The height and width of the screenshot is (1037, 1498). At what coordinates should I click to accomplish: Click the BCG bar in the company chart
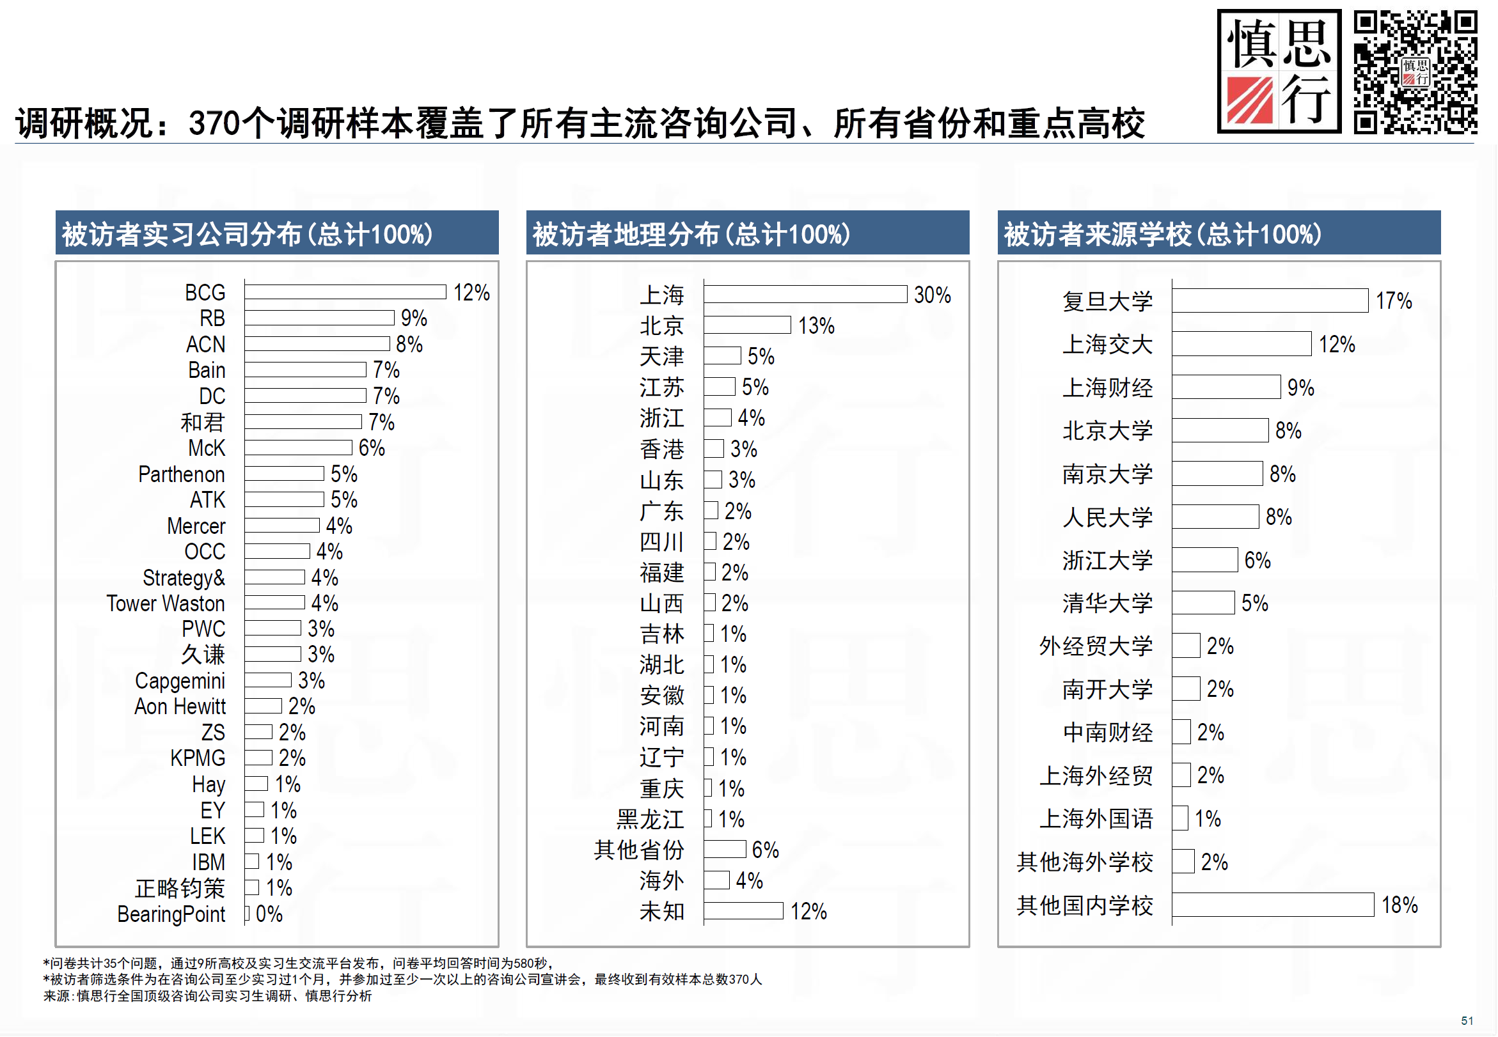[x=345, y=292]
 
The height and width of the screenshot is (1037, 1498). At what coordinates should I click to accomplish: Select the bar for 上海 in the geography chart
[x=805, y=294]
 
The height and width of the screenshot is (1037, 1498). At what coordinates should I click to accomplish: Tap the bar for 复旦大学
[x=1270, y=301]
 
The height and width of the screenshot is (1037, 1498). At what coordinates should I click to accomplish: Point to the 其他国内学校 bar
[x=1272, y=905]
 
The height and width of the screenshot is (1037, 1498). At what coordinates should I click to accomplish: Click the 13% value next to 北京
[x=816, y=325]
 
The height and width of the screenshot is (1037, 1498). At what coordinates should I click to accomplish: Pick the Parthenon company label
[x=181, y=474]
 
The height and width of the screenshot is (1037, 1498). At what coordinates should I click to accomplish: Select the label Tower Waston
[x=166, y=604]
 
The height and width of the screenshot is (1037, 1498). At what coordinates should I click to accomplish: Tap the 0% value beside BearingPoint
[x=269, y=914]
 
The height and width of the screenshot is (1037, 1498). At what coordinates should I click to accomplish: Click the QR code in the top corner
[x=1415, y=72]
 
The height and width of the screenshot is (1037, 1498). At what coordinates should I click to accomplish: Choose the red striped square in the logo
[x=1250, y=101]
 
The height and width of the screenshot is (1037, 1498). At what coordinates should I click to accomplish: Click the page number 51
[x=1467, y=1021]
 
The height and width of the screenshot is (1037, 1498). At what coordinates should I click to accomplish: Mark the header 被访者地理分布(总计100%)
[x=691, y=234]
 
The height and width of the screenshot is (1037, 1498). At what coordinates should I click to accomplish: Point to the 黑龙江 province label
[x=650, y=820]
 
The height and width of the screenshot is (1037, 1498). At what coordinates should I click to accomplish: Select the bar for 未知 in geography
[x=743, y=911]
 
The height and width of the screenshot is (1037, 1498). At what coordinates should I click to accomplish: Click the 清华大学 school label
[x=1107, y=603]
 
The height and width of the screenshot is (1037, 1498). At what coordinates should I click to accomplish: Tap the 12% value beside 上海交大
[x=1337, y=345]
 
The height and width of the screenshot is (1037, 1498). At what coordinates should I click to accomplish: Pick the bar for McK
[x=298, y=448]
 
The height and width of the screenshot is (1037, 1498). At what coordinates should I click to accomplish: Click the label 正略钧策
[x=180, y=888]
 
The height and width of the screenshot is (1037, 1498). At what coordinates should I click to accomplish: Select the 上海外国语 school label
[x=1096, y=819]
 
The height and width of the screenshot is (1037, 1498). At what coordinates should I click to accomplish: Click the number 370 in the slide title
[x=214, y=123]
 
